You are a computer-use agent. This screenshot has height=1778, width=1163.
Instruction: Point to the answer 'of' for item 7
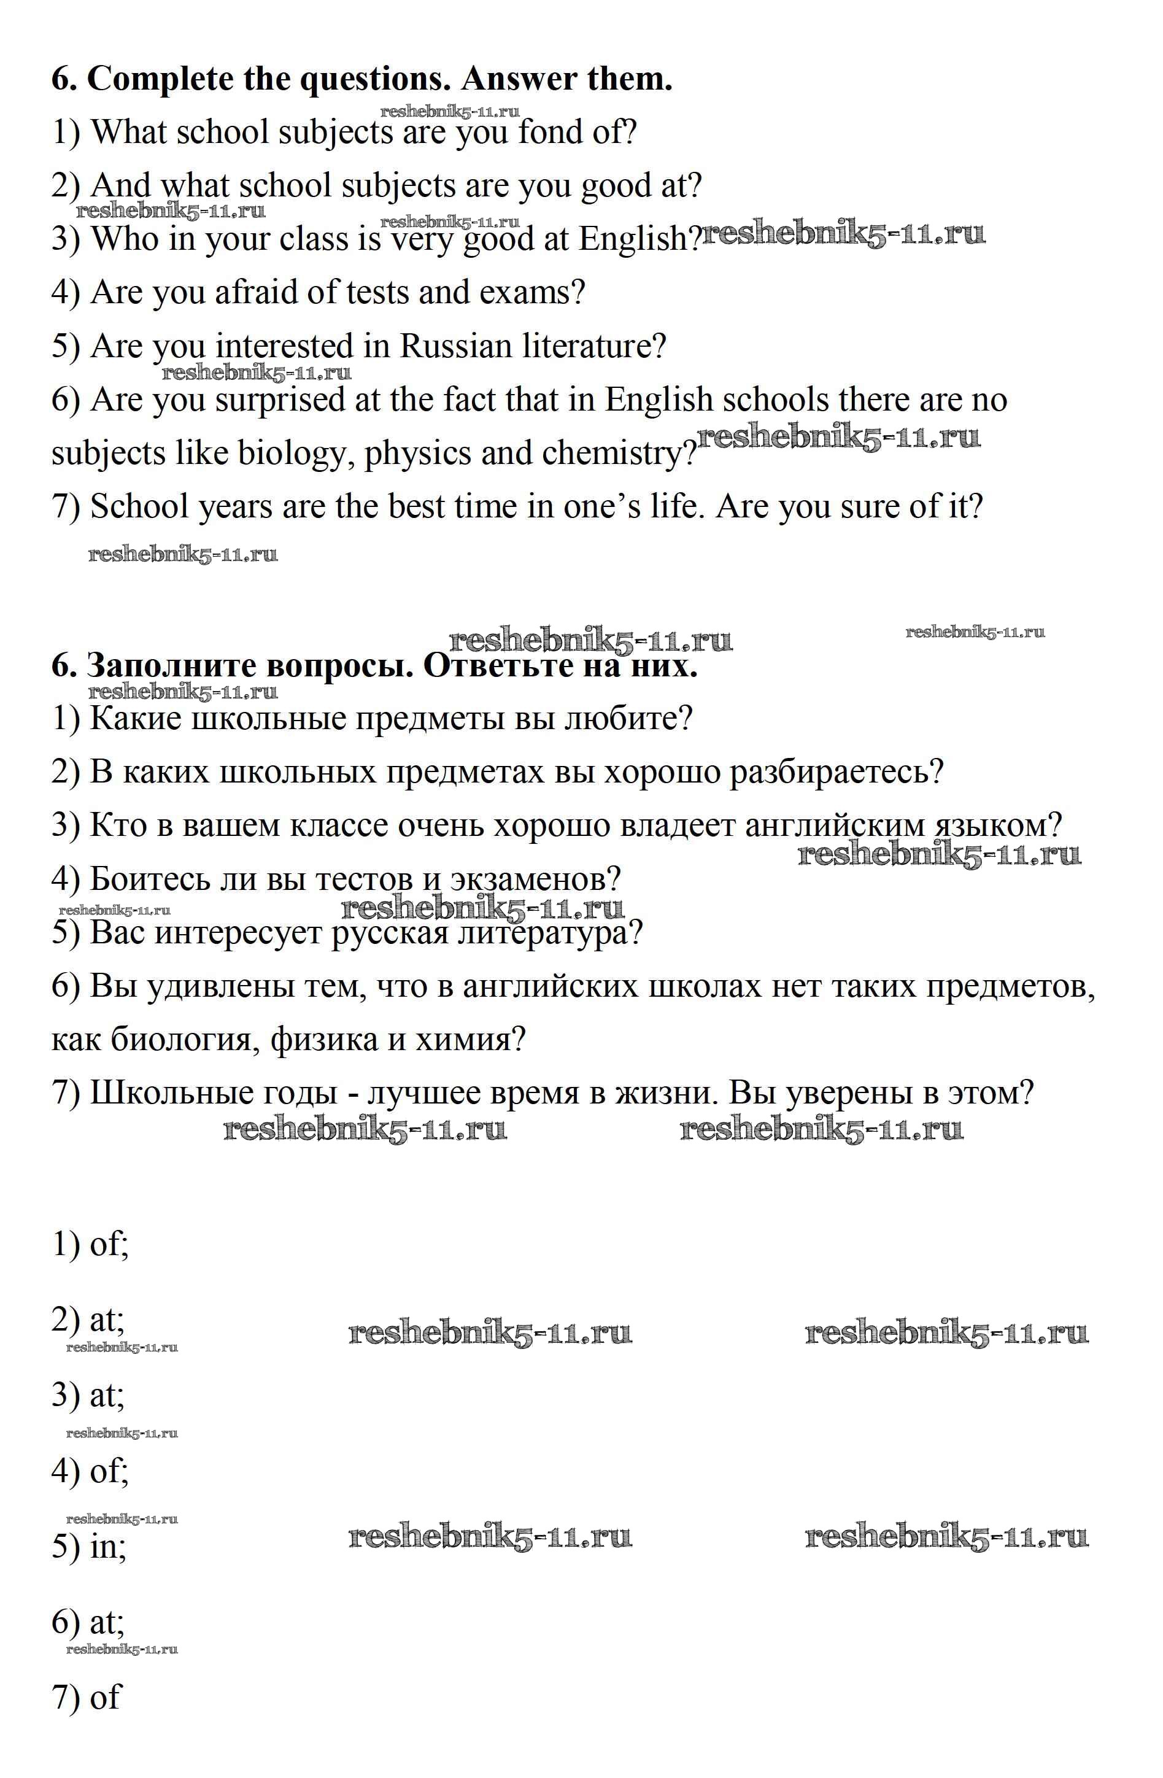(104, 1698)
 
